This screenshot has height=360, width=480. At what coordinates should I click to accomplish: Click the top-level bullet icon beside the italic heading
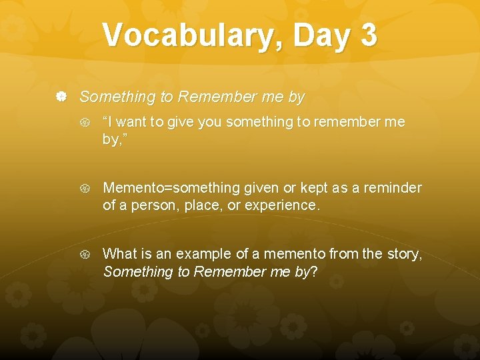pyautogui.click(x=61, y=97)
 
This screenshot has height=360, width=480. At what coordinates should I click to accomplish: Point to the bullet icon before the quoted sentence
pyautogui.click(x=85, y=123)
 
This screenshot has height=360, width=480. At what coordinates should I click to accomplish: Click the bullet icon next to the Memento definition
pyautogui.click(x=85, y=189)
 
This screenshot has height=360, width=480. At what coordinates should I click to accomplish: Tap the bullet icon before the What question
pyautogui.click(x=85, y=254)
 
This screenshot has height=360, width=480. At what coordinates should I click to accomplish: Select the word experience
pyautogui.click(x=282, y=205)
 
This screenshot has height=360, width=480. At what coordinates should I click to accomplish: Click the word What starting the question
pyautogui.click(x=120, y=253)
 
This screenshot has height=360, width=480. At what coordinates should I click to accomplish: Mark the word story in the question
pyautogui.click(x=405, y=253)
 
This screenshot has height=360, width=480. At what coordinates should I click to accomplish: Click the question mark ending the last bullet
pyautogui.click(x=313, y=271)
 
